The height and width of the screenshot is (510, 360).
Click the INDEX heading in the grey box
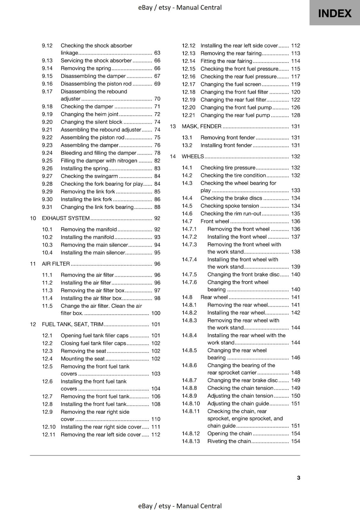[x=335, y=13]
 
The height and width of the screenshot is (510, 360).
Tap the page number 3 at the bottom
[x=298, y=477]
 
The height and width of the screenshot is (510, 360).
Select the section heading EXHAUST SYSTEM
[x=66, y=218]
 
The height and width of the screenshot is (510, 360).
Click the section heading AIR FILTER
[x=56, y=264]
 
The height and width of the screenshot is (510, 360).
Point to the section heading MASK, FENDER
[x=201, y=127]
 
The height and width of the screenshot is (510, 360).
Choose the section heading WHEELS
[x=192, y=157]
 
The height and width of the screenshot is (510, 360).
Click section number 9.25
[x=47, y=161]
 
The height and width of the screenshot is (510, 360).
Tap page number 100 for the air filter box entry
[x=156, y=313]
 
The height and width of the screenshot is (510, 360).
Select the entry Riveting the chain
[x=229, y=441]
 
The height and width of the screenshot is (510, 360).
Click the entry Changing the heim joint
[x=89, y=114]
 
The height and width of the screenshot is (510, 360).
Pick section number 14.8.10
[x=191, y=404]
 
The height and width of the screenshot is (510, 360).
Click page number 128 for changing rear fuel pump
[x=295, y=115]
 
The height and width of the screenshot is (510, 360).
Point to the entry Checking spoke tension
[x=229, y=206]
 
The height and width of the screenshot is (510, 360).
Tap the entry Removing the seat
[x=83, y=351]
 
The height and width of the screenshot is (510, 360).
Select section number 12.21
[x=188, y=115]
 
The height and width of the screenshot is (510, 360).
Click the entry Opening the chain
[x=229, y=433]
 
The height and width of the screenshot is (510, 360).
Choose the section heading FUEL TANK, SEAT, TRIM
[x=73, y=324]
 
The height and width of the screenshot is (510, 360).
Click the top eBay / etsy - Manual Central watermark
[x=180, y=7]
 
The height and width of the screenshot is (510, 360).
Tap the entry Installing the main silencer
[x=93, y=253]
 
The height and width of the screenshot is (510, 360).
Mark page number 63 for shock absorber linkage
[x=157, y=53]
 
